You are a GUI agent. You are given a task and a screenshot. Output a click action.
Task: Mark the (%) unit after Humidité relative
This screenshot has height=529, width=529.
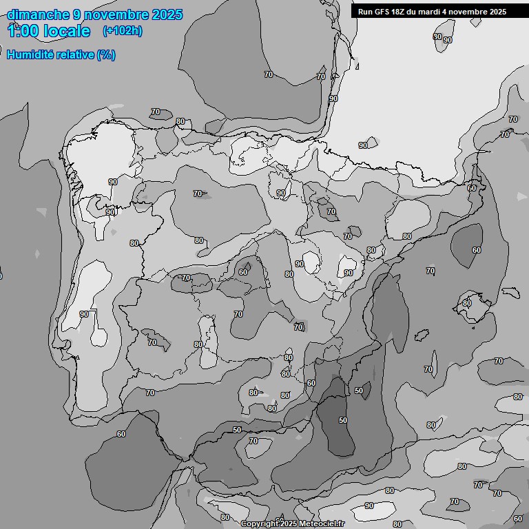click(106, 54)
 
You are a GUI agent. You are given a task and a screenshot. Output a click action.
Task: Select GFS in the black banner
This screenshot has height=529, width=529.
click(382, 12)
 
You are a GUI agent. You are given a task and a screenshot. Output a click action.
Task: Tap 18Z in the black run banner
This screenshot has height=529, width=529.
click(400, 12)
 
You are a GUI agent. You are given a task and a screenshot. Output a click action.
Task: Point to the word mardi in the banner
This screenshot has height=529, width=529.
click(435, 12)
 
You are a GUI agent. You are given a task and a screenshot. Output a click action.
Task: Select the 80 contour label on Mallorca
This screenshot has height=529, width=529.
click(466, 303)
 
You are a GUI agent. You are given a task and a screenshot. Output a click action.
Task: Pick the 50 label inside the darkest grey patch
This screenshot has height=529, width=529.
click(343, 420)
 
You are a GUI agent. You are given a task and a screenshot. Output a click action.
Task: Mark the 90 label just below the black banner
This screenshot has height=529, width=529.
click(447, 40)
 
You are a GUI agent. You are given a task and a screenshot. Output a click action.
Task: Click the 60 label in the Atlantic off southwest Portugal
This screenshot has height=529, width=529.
click(121, 434)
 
